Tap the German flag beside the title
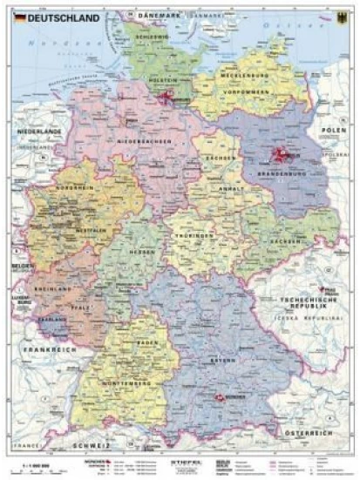19,17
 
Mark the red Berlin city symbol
282,157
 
